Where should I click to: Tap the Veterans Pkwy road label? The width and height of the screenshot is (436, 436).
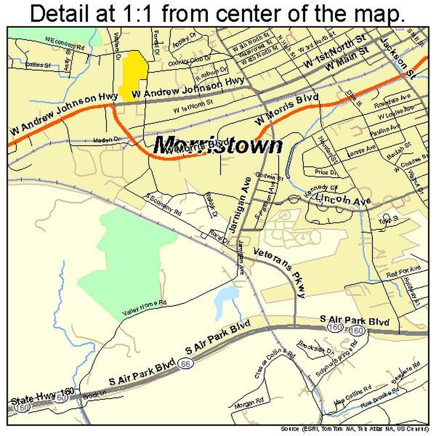tap(280, 272)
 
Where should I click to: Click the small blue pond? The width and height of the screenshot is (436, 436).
tap(226, 300)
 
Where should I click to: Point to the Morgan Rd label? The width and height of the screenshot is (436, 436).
tap(249, 403)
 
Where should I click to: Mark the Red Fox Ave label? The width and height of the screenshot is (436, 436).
tap(403, 271)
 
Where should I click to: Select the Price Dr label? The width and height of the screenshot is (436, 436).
tap(326, 173)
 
